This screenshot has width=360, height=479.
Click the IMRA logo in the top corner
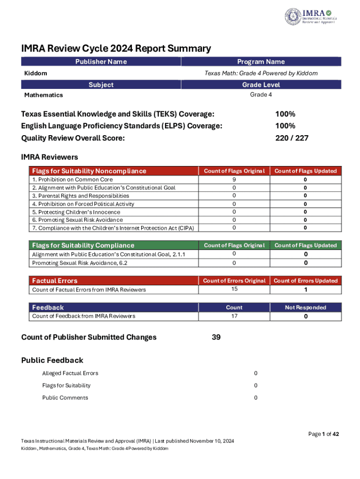click(310, 16)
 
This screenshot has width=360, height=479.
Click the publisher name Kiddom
click(36, 73)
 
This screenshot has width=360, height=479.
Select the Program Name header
click(261, 62)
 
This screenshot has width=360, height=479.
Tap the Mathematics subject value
click(43, 95)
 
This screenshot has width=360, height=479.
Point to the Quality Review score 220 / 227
click(292, 138)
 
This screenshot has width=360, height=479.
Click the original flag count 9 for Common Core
click(234, 179)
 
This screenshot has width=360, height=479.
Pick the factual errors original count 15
click(234, 289)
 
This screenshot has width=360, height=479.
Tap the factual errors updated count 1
click(306, 290)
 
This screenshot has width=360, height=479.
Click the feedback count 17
click(234, 316)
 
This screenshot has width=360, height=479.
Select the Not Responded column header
click(306, 307)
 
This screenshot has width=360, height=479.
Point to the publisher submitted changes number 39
click(216, 337)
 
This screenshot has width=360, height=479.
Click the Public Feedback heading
click(52, 360)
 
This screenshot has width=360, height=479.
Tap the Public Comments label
click(65, 398)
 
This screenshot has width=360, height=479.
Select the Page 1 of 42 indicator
click(324, 434)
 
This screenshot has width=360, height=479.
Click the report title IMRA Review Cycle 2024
click(116, 49)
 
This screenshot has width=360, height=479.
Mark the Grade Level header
click(261, 85)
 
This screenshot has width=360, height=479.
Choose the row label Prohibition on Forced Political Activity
click(83, 204)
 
